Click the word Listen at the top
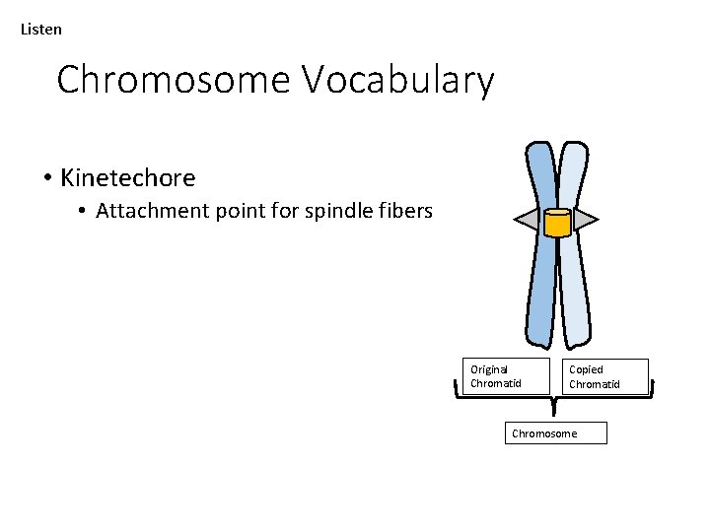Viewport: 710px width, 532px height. (x=41, y=30)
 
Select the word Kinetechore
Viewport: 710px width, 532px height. (x=127, y=178)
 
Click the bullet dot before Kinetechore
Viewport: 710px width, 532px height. (x=47, y=178)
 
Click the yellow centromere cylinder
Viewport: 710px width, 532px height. (x=557, y=224)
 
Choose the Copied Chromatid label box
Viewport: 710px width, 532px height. (x=605, y=376)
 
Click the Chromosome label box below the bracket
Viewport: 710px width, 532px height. (x=555, y=433)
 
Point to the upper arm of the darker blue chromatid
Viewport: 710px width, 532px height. (x=542, y=177)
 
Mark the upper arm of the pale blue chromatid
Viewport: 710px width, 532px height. (x=572, y=177)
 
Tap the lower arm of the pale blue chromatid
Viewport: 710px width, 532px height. (x=574, y=296)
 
